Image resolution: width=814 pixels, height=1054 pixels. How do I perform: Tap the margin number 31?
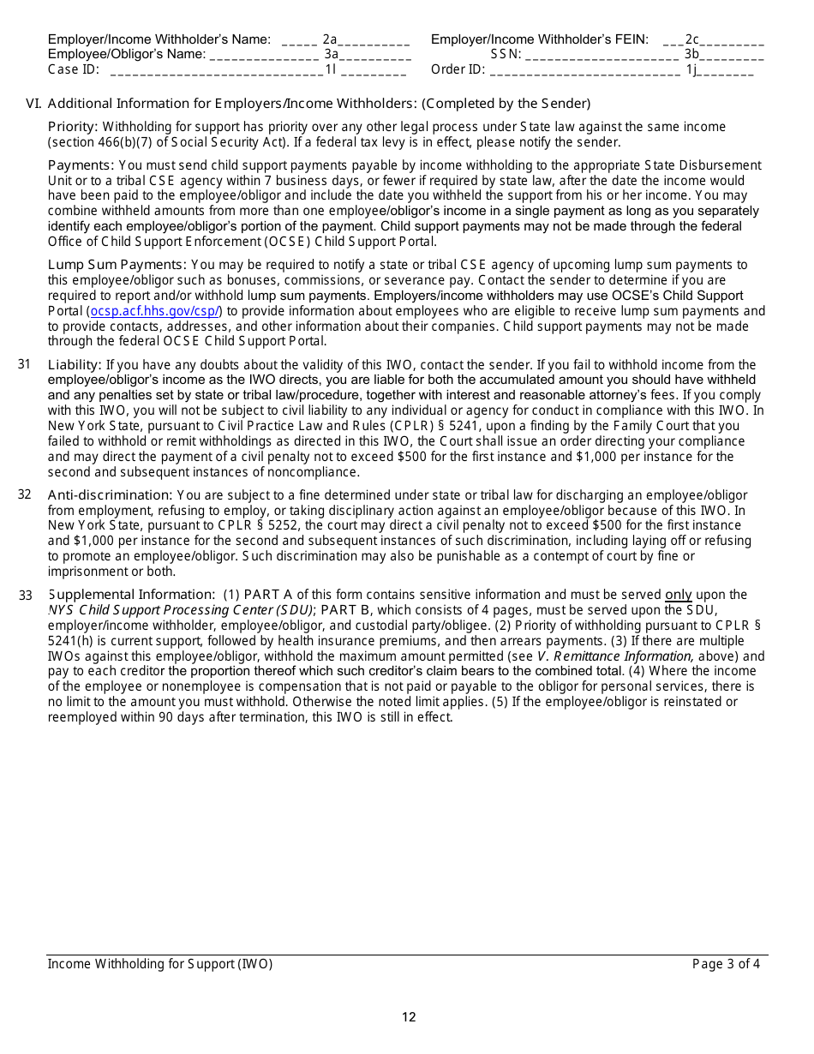pos(24,364)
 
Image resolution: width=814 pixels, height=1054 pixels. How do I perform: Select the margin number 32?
pos(24,494)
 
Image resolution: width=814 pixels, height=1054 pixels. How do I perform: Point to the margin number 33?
pos(25,596)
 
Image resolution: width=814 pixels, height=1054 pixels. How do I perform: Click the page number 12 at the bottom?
pos(409,1017)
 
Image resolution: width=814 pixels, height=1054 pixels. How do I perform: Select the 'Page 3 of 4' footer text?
pos(726,964)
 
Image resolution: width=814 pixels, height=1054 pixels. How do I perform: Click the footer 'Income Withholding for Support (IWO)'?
pos(160,964)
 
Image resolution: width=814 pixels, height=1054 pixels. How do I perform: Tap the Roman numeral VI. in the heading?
pos(33,103)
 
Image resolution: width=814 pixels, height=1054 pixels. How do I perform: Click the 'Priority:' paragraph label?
pos(73,127)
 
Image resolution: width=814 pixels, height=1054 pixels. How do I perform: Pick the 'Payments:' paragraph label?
pos(81,165)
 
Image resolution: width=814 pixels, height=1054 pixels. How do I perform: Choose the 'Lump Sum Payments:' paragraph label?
pos(117,265)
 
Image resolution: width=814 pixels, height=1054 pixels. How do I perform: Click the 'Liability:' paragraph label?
pos(75,365)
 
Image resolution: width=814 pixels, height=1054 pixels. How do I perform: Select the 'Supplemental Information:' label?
pos(131,595)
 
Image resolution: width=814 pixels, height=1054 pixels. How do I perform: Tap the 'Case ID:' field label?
pos(74,69)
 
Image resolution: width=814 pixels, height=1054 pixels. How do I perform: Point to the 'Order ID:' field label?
pos(458,69)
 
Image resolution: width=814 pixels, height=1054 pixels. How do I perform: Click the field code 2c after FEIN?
pos(692,39)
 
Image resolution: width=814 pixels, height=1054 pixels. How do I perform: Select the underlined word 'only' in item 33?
pos(678,595)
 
